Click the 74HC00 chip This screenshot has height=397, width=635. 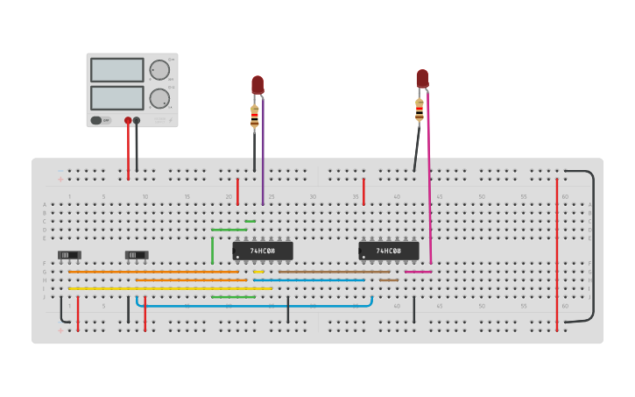[x=262, y=252]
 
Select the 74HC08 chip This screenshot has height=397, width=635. [x=388, y=252]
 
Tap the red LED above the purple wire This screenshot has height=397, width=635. [x=258, y=85]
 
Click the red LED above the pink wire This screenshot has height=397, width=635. [x=422, y=79]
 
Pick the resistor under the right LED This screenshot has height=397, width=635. [x=420, y=110]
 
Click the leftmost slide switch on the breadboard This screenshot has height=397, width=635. [x=69, y=255]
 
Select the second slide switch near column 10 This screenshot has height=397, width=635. [x=137, y=255]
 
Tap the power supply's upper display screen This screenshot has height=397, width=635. [x=116, y=70]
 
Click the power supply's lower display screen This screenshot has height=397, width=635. [x=116, y=97]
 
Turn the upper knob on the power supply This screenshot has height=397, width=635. [x=159, y=70]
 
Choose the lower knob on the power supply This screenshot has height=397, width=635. [x=159, y=97]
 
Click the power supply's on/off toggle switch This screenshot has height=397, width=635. [x=100, y=120]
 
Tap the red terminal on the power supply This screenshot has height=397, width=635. [x=128, y=120]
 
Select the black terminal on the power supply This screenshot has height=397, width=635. [x=137, y=120]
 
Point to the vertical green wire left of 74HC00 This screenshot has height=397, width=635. [x=212, y=250]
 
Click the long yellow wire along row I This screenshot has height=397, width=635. [x=171, y=288]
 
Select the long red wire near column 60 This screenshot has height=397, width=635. [x=557, y=254]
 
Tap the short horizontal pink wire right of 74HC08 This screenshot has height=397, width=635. [x=418, y=272]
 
